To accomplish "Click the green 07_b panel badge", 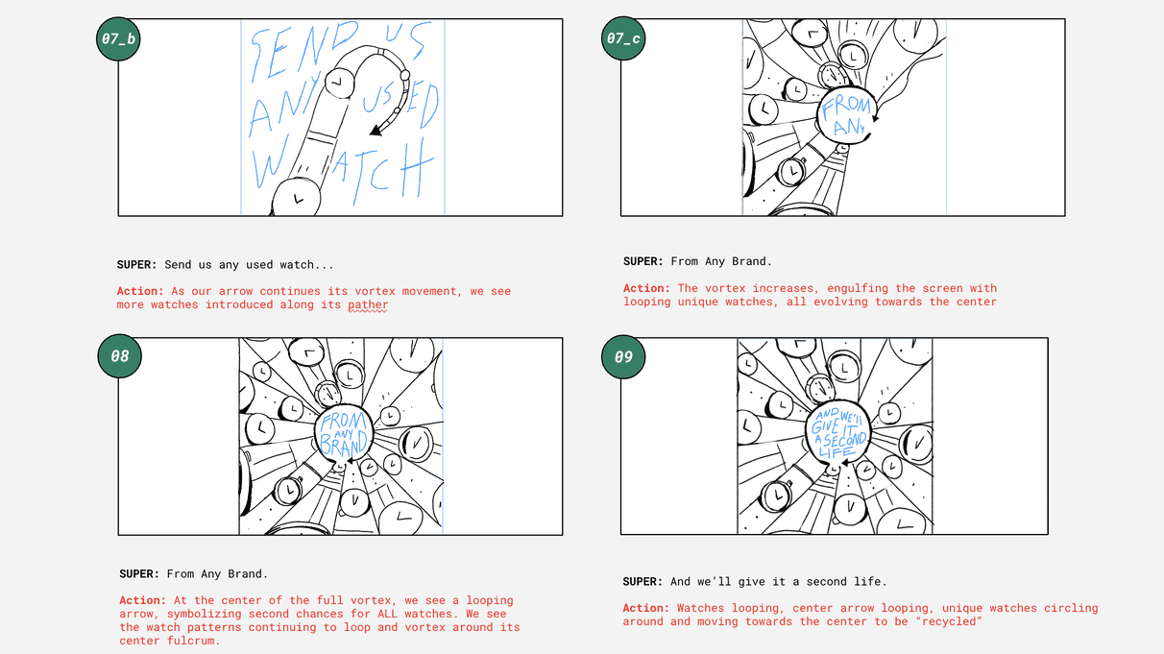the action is (118, 39).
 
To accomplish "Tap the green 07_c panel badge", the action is (623, 38).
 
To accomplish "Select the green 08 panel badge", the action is (119, 356).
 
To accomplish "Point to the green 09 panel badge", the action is (623, 357).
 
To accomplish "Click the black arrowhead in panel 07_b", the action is (376, 131).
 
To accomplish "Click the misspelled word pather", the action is (368, 305).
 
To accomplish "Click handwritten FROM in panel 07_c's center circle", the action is (846, 106).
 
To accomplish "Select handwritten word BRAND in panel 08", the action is (344, 443).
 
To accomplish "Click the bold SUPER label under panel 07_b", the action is (136, 265).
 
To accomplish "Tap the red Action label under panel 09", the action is (646, 608).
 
